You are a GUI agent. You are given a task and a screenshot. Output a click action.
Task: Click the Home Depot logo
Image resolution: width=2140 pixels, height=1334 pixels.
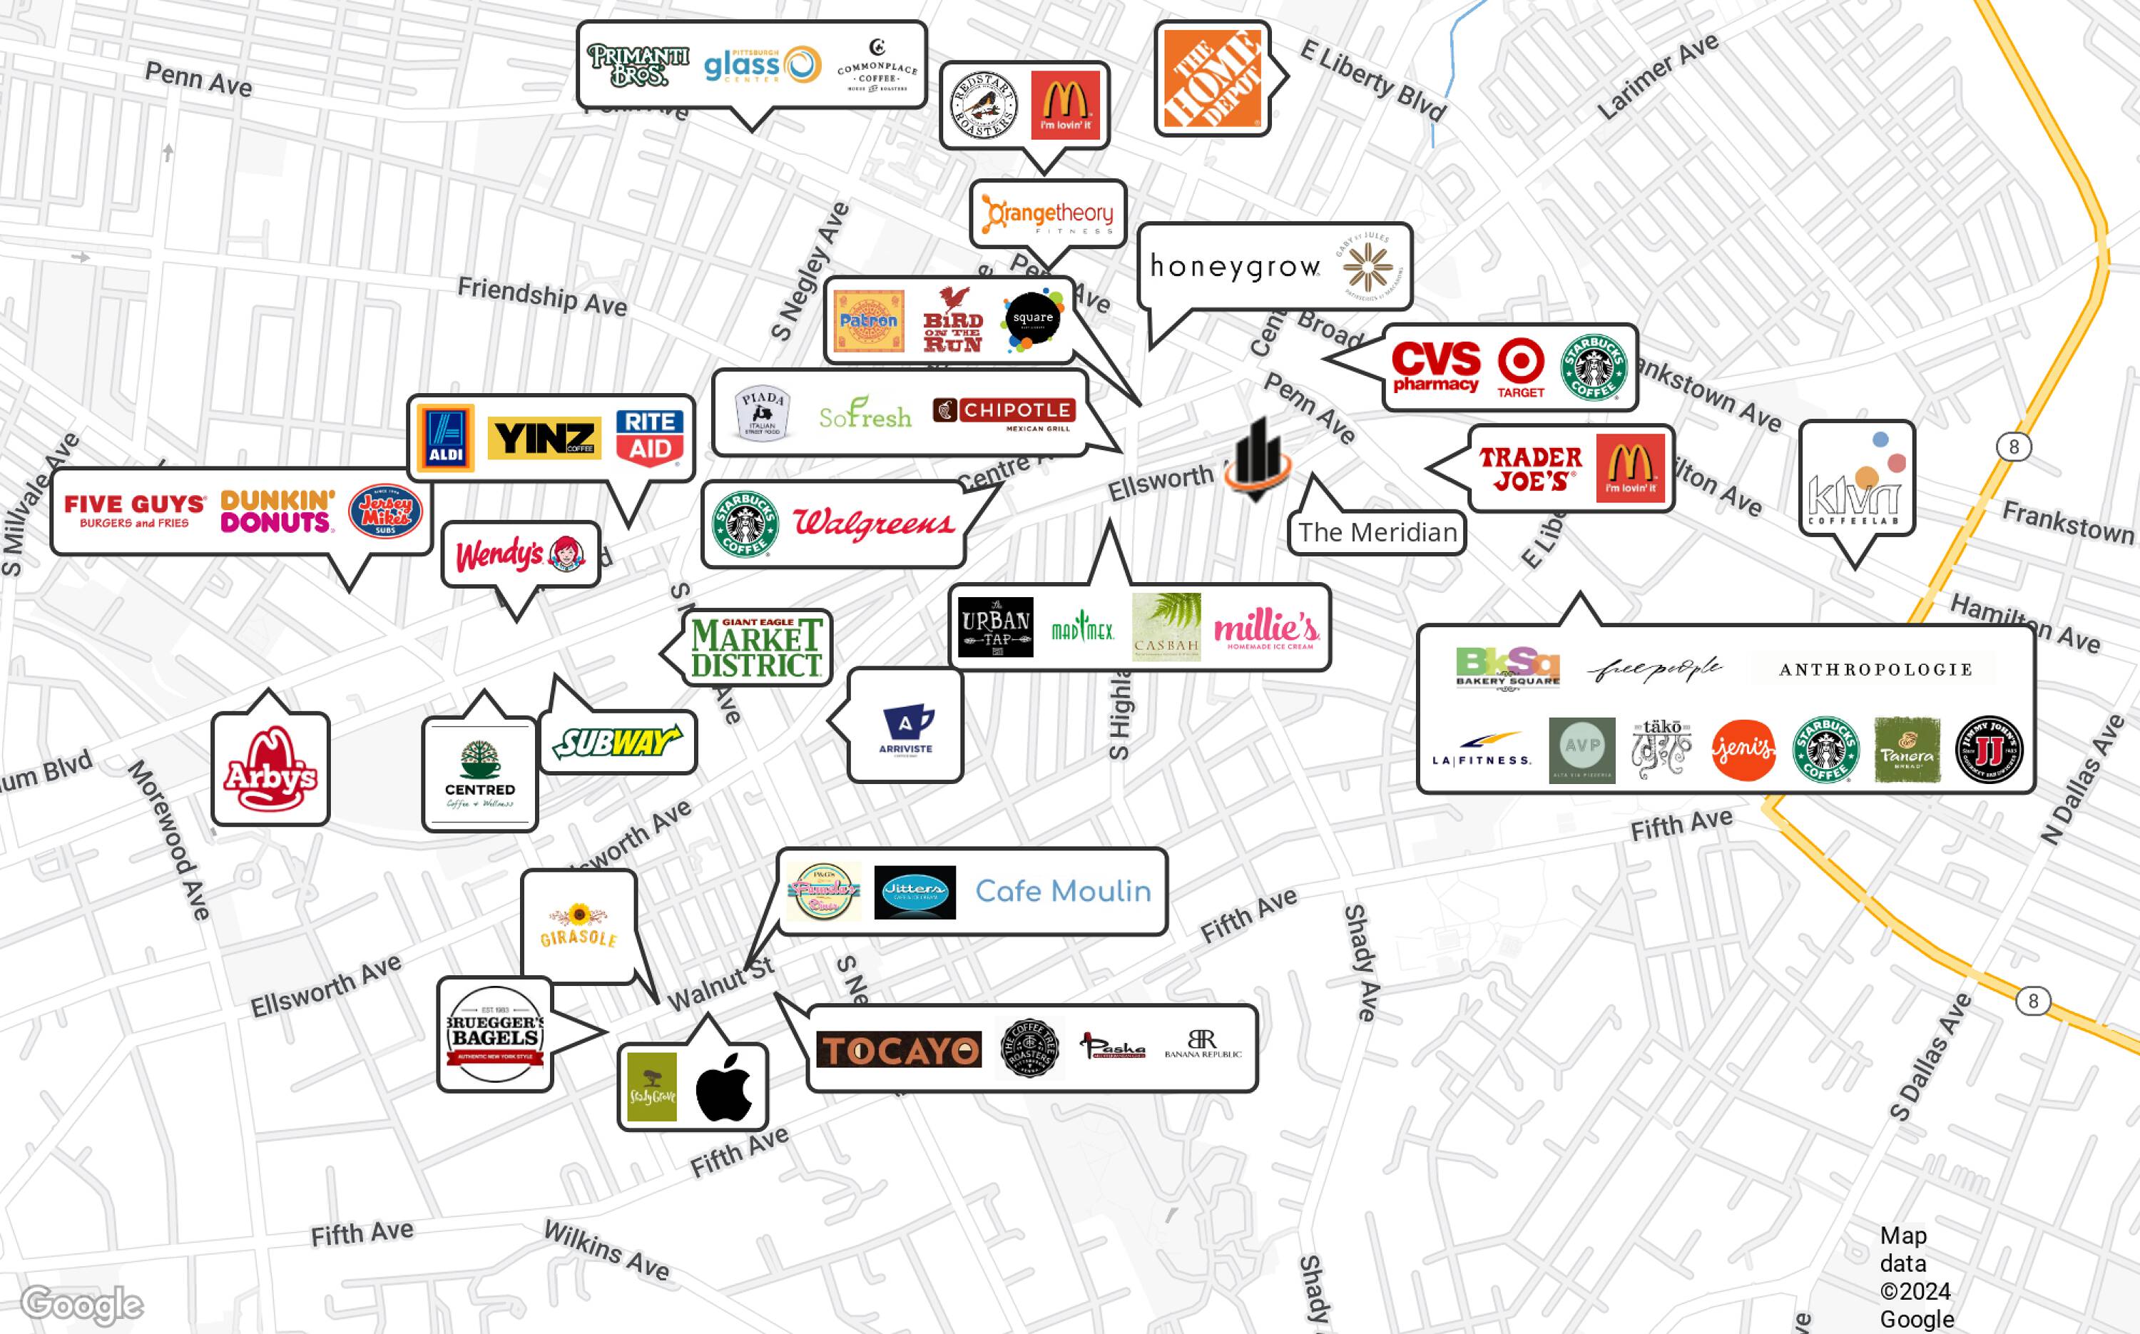tap(1212, 78)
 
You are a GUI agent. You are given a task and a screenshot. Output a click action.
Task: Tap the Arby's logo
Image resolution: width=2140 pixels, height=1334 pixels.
tap(270, 769)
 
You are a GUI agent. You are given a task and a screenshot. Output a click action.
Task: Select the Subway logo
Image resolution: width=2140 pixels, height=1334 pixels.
tap(618, 742)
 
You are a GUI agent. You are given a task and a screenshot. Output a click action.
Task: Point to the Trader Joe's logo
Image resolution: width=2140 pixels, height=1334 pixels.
tap(1531, 469)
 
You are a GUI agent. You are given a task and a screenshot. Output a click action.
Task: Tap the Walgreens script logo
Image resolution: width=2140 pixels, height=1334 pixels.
tap(873, 523)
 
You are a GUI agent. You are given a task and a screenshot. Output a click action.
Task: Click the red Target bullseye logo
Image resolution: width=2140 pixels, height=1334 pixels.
tap(1521, 367)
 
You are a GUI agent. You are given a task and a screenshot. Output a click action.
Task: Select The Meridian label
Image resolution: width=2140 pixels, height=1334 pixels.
tap(1377, 533)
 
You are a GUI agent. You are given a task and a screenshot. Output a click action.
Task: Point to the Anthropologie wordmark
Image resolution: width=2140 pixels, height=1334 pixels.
tap(1875, 670)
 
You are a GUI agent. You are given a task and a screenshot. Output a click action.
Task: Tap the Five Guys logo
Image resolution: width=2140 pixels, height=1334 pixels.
tap(134, 510)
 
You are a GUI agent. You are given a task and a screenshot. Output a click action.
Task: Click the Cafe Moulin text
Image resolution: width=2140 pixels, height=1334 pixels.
tap(1063, 891)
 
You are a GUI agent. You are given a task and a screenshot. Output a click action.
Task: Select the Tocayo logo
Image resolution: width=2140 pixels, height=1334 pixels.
tap(898, 1050)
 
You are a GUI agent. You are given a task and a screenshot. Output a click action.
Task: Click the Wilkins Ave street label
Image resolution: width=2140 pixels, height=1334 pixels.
tap(606, 1249)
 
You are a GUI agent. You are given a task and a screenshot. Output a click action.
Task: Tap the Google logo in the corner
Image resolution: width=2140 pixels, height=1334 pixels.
tap(81, 1304)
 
